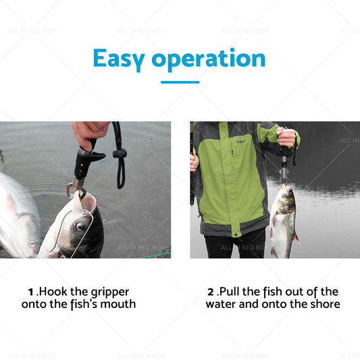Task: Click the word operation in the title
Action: [209, 59]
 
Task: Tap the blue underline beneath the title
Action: [180, 82]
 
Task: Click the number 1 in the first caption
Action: [31, 292]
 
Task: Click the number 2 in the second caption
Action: [211, 292]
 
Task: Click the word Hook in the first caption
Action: [55, 292]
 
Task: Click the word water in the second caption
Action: [222, 305]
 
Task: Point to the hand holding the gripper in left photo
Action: [89, 132]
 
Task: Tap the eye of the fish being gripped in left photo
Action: [81, 227]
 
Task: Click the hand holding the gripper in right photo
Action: [286, 138]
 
